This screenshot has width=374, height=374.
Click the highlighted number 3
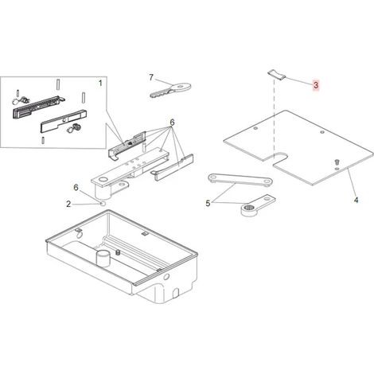coord(315,85)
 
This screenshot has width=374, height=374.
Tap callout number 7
coord(151,77)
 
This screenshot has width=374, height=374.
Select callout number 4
coord(356,200)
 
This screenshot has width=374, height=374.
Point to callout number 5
coord(208,204)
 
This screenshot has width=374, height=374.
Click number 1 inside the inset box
coord(100,84)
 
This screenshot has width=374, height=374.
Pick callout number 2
coord(68,204)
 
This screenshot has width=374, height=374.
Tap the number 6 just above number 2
coord(76,188)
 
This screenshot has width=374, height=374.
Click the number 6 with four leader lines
coord(172,123)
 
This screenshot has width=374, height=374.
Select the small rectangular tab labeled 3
coord(276,75)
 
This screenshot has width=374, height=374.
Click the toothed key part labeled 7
coord(170,90)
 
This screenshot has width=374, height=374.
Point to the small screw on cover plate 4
coord(337,162)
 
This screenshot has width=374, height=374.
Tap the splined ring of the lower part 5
coord(248,208)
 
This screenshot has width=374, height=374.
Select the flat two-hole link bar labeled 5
coord(240,179)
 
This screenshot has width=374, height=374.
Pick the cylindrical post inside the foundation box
coord(103,258)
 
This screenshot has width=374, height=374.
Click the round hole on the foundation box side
coord(166,278)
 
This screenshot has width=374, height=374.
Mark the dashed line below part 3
coord(275,118)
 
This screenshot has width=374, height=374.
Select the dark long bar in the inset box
coord(36,107)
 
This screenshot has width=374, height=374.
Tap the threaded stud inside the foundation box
coord(118,253)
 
